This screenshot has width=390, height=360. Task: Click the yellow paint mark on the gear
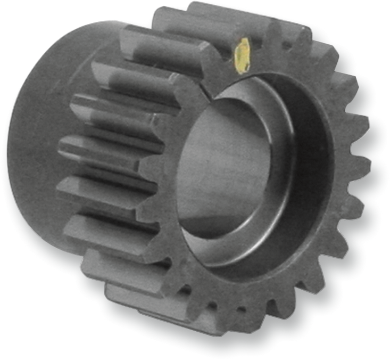(242, 55)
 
